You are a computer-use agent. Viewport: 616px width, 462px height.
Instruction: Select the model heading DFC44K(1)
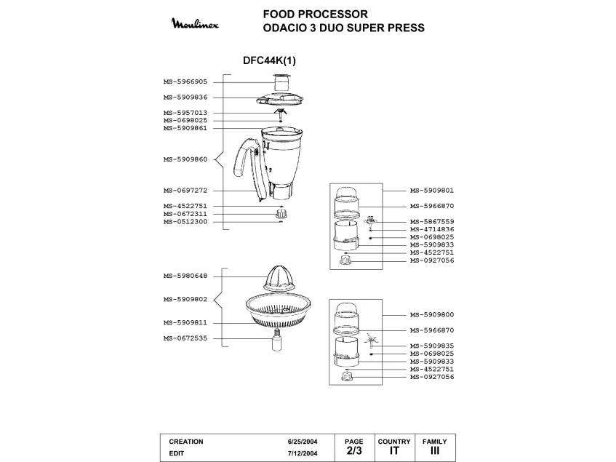tap(265, 61)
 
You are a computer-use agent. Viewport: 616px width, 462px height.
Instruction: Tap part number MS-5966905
tap(185, 81)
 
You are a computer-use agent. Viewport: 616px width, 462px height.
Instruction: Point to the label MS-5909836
tap(185, 97)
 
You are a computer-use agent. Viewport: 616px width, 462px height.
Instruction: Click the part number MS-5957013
tap(185, 112)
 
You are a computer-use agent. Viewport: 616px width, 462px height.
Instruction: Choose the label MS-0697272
tap(185, 191)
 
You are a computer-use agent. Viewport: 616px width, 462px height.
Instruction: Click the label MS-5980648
tap(185, 275)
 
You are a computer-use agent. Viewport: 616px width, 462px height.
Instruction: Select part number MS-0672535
tap(185, 338)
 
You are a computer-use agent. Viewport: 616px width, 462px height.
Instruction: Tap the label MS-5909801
tap(432, 191)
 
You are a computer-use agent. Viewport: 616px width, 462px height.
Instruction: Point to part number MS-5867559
tap(432, 221)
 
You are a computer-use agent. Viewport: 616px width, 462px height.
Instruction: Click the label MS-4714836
tap(432, 229)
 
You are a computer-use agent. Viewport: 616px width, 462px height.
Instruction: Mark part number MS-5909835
tap(432, 346)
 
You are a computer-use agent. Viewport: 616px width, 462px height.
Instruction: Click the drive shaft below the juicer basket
tap(276, 340)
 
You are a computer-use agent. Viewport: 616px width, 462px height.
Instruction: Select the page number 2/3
tap(353, 451)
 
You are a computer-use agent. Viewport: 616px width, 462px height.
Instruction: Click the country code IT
tap(393, 451)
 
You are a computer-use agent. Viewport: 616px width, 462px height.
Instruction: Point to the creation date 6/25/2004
tap(302, 442)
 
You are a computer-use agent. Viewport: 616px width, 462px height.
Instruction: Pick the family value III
tap(434, 451)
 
